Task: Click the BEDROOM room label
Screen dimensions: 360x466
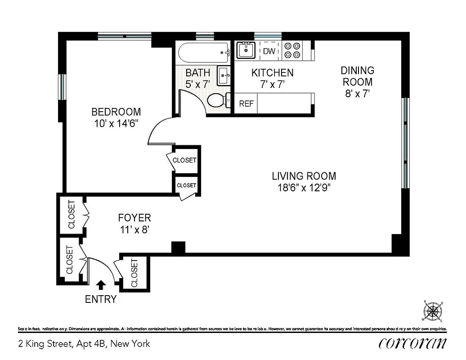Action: [116, 112]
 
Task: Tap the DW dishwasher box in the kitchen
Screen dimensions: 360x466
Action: [269, 51]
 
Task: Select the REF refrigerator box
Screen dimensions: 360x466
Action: [246, 103]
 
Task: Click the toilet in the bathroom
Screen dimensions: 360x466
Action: [217, 100]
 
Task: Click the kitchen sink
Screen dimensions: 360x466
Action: [246, 50]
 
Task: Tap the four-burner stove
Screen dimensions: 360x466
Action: [293, 50]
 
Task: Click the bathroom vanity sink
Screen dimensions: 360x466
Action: [224, 75]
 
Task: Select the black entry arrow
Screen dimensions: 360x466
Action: [101, 285]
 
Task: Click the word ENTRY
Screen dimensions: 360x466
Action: [101, 299]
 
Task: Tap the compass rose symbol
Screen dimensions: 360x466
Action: [433, 311]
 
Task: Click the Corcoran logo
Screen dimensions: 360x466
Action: [412, 343]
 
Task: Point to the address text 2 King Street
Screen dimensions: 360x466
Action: [84, 344]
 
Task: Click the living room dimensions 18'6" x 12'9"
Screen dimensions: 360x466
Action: [304, 188]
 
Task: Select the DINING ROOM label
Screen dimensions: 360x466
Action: [357, 76]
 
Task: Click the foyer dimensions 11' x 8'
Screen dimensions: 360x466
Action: [134, 229]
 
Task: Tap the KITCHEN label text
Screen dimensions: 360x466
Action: [272, 72]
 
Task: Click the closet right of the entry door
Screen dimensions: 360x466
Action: [134, 273]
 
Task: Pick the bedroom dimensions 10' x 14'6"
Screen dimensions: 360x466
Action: [116, 123]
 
